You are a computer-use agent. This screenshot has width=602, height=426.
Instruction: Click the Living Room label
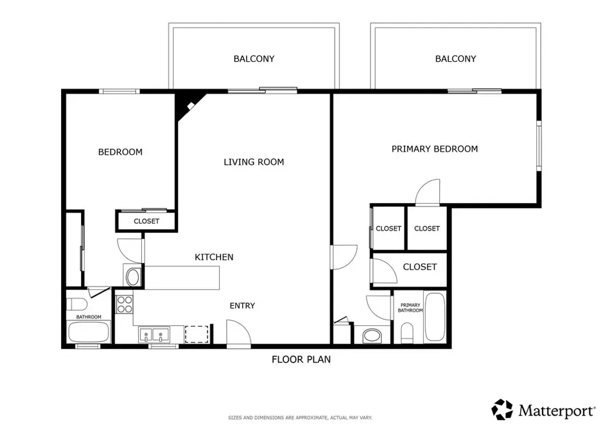pyautogui.click(x=254, y=162)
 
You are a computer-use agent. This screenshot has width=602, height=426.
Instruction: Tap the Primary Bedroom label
pyautogui.click(x=434, y=149)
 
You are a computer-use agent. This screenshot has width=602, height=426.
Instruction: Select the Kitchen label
pyautogui.click(x=214, y=257)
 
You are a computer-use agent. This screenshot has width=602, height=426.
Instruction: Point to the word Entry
pyautogui.click(x=242, y=306)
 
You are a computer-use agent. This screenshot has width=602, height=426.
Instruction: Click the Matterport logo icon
pyautogui.click(x=502, y=410)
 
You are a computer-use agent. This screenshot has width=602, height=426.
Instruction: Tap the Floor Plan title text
pyautogui.click(x=301, y=360)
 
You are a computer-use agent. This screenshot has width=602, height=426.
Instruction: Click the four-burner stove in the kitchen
pyautogui.click(x=125, y=304)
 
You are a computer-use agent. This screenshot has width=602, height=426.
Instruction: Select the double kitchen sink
pyautogui.click(x=155, y=335)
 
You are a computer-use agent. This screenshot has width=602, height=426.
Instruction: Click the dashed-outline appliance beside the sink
pyautogui.click(x=196, y=334)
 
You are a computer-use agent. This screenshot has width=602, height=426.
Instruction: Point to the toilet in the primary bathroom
pyautogui.click(x=407, y=332)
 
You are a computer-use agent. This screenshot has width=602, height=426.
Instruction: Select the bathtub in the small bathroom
pyautogui.click(x=89, y=332)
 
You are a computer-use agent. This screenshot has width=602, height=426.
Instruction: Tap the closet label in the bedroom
pyautogui.click(x=146, y=221)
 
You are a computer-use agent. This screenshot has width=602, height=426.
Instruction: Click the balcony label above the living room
pyautogui.click(x=254, y=59)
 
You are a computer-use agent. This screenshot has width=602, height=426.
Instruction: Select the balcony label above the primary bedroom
pyautogui.click(x=456, y=59)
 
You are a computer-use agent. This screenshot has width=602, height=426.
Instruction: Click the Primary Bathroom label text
pyautogui.click(x=410, y=308)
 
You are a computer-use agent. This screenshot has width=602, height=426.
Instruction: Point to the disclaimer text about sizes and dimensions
pyautogui.click(x=300, y=418)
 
